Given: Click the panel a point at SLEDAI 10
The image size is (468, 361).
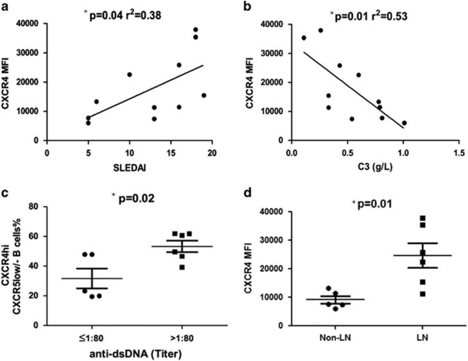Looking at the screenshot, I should pos(129,75).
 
